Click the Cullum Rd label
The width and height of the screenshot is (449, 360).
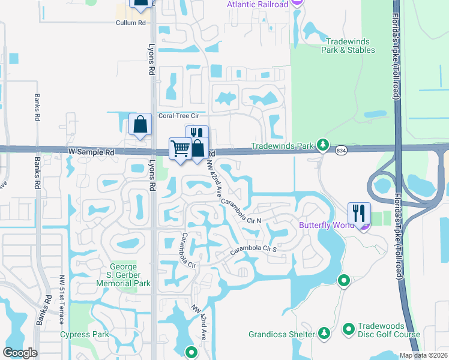(x=131, y=23)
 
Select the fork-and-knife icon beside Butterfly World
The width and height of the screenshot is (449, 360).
(x=359, y=212)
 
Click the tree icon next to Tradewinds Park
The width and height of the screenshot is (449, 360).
(x=324, y=145)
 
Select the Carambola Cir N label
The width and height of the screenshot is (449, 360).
(x=243, y=211)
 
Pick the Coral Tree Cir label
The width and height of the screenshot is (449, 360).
(x=178, y=116)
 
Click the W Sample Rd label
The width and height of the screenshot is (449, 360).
(x=91, y=153)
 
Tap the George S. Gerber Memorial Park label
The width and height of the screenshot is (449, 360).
(x=126, y=275)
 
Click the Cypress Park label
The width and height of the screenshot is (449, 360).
(x=83, y=334)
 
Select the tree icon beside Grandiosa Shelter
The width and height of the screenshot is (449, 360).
(x=324, y=332)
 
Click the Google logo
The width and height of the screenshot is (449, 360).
(x=20, y=353)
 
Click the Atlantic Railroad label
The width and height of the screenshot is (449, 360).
(x=258, y=5)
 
